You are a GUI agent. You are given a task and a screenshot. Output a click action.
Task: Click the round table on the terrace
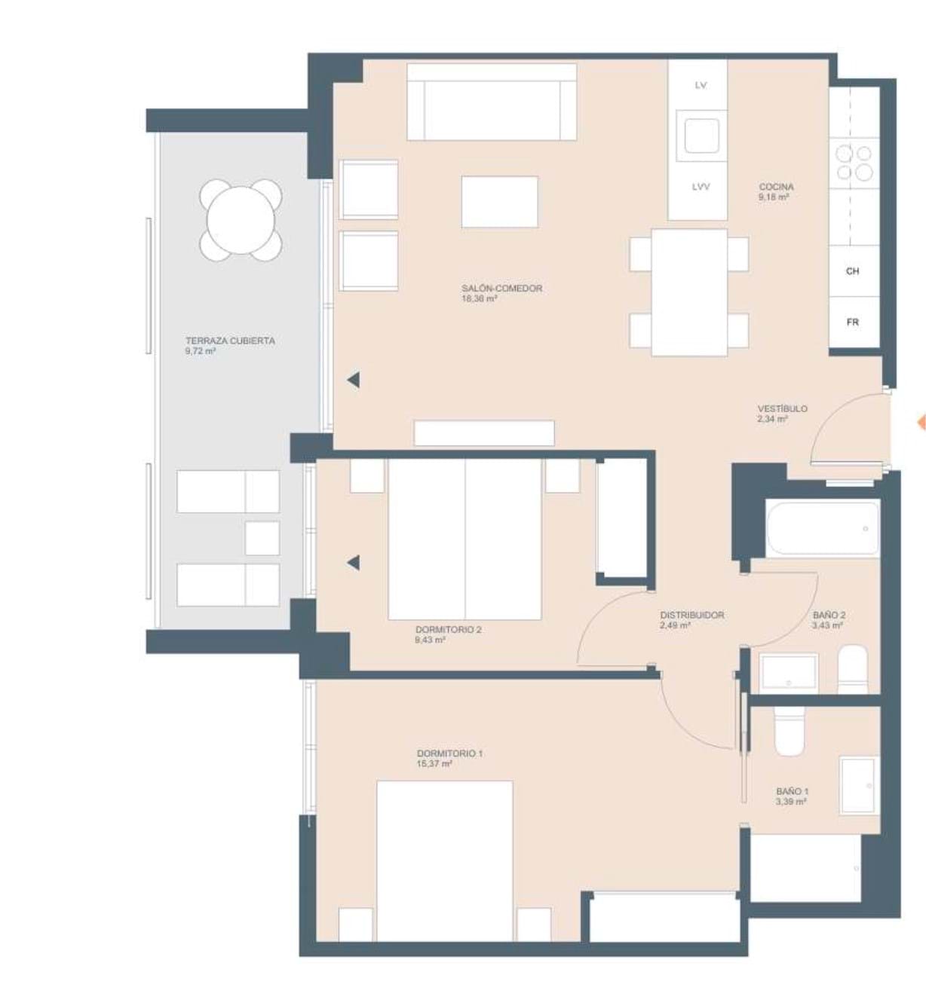coord(241,221)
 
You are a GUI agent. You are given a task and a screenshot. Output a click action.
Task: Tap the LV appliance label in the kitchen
coord(701,85)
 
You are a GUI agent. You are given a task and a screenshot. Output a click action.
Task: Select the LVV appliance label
coord(701,187)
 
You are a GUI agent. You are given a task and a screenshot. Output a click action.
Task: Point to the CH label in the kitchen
coord(853,271)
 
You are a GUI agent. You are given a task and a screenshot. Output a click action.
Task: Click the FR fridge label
coord(853,322)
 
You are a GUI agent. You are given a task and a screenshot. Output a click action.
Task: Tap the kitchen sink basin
coord(702,136)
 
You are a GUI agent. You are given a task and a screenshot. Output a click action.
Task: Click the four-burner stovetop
coord(854,163)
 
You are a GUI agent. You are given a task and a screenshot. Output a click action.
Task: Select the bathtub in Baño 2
coord(823,529)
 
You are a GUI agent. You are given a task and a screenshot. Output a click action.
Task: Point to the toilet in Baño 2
coord(853,669)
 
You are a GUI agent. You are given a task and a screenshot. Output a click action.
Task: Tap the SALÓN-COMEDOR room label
coord(502,288)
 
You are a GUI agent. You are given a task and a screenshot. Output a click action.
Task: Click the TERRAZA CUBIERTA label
coord(230,341)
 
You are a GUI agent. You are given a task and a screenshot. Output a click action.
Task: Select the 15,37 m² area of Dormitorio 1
coord(434,764)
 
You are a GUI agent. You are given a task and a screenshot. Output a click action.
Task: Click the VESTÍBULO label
coord(782,409)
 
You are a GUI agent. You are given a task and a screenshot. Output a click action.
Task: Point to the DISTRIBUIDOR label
coord(692,615)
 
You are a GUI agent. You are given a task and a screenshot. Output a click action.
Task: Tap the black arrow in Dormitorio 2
coord(353,563)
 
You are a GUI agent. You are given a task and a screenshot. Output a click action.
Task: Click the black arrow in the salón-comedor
coord(353,380)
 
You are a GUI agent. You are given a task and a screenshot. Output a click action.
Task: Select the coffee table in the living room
coord(499,202)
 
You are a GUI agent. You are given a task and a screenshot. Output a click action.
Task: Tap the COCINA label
coord(776,187)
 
